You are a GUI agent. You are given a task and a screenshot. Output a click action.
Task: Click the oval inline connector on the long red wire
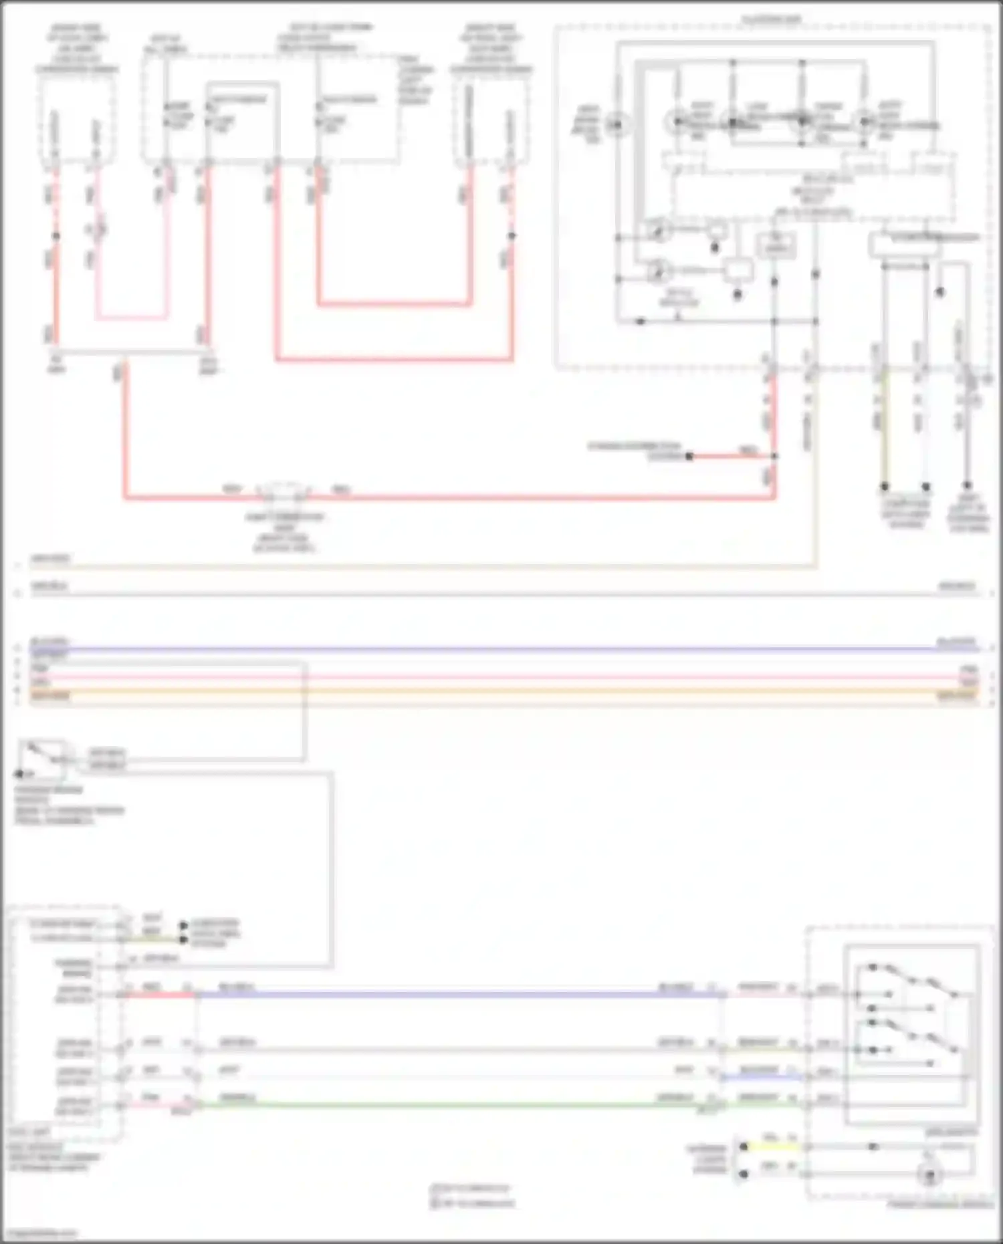[284, 493]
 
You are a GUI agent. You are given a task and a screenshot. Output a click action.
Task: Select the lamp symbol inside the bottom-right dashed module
[930, 1176]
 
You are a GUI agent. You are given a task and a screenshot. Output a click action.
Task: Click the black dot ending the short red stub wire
[689, 457]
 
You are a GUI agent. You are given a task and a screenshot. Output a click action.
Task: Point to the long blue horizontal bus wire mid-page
[501, 648]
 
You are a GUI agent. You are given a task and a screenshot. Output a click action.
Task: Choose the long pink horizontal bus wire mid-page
[501, 676]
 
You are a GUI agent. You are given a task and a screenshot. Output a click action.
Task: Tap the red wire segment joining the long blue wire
[160, 995]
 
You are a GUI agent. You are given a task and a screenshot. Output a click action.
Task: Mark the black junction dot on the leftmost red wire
[55, 236]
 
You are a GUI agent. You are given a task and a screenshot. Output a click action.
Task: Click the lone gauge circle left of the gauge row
[617, 124]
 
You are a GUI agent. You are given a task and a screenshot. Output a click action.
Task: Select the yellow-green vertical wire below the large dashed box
[884, 428]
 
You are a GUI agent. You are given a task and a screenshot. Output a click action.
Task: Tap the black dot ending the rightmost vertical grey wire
[967, 486]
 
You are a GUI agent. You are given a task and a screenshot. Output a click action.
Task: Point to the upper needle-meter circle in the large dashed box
[659, 231]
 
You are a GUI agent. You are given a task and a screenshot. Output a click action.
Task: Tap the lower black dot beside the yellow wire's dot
[744, 1174]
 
